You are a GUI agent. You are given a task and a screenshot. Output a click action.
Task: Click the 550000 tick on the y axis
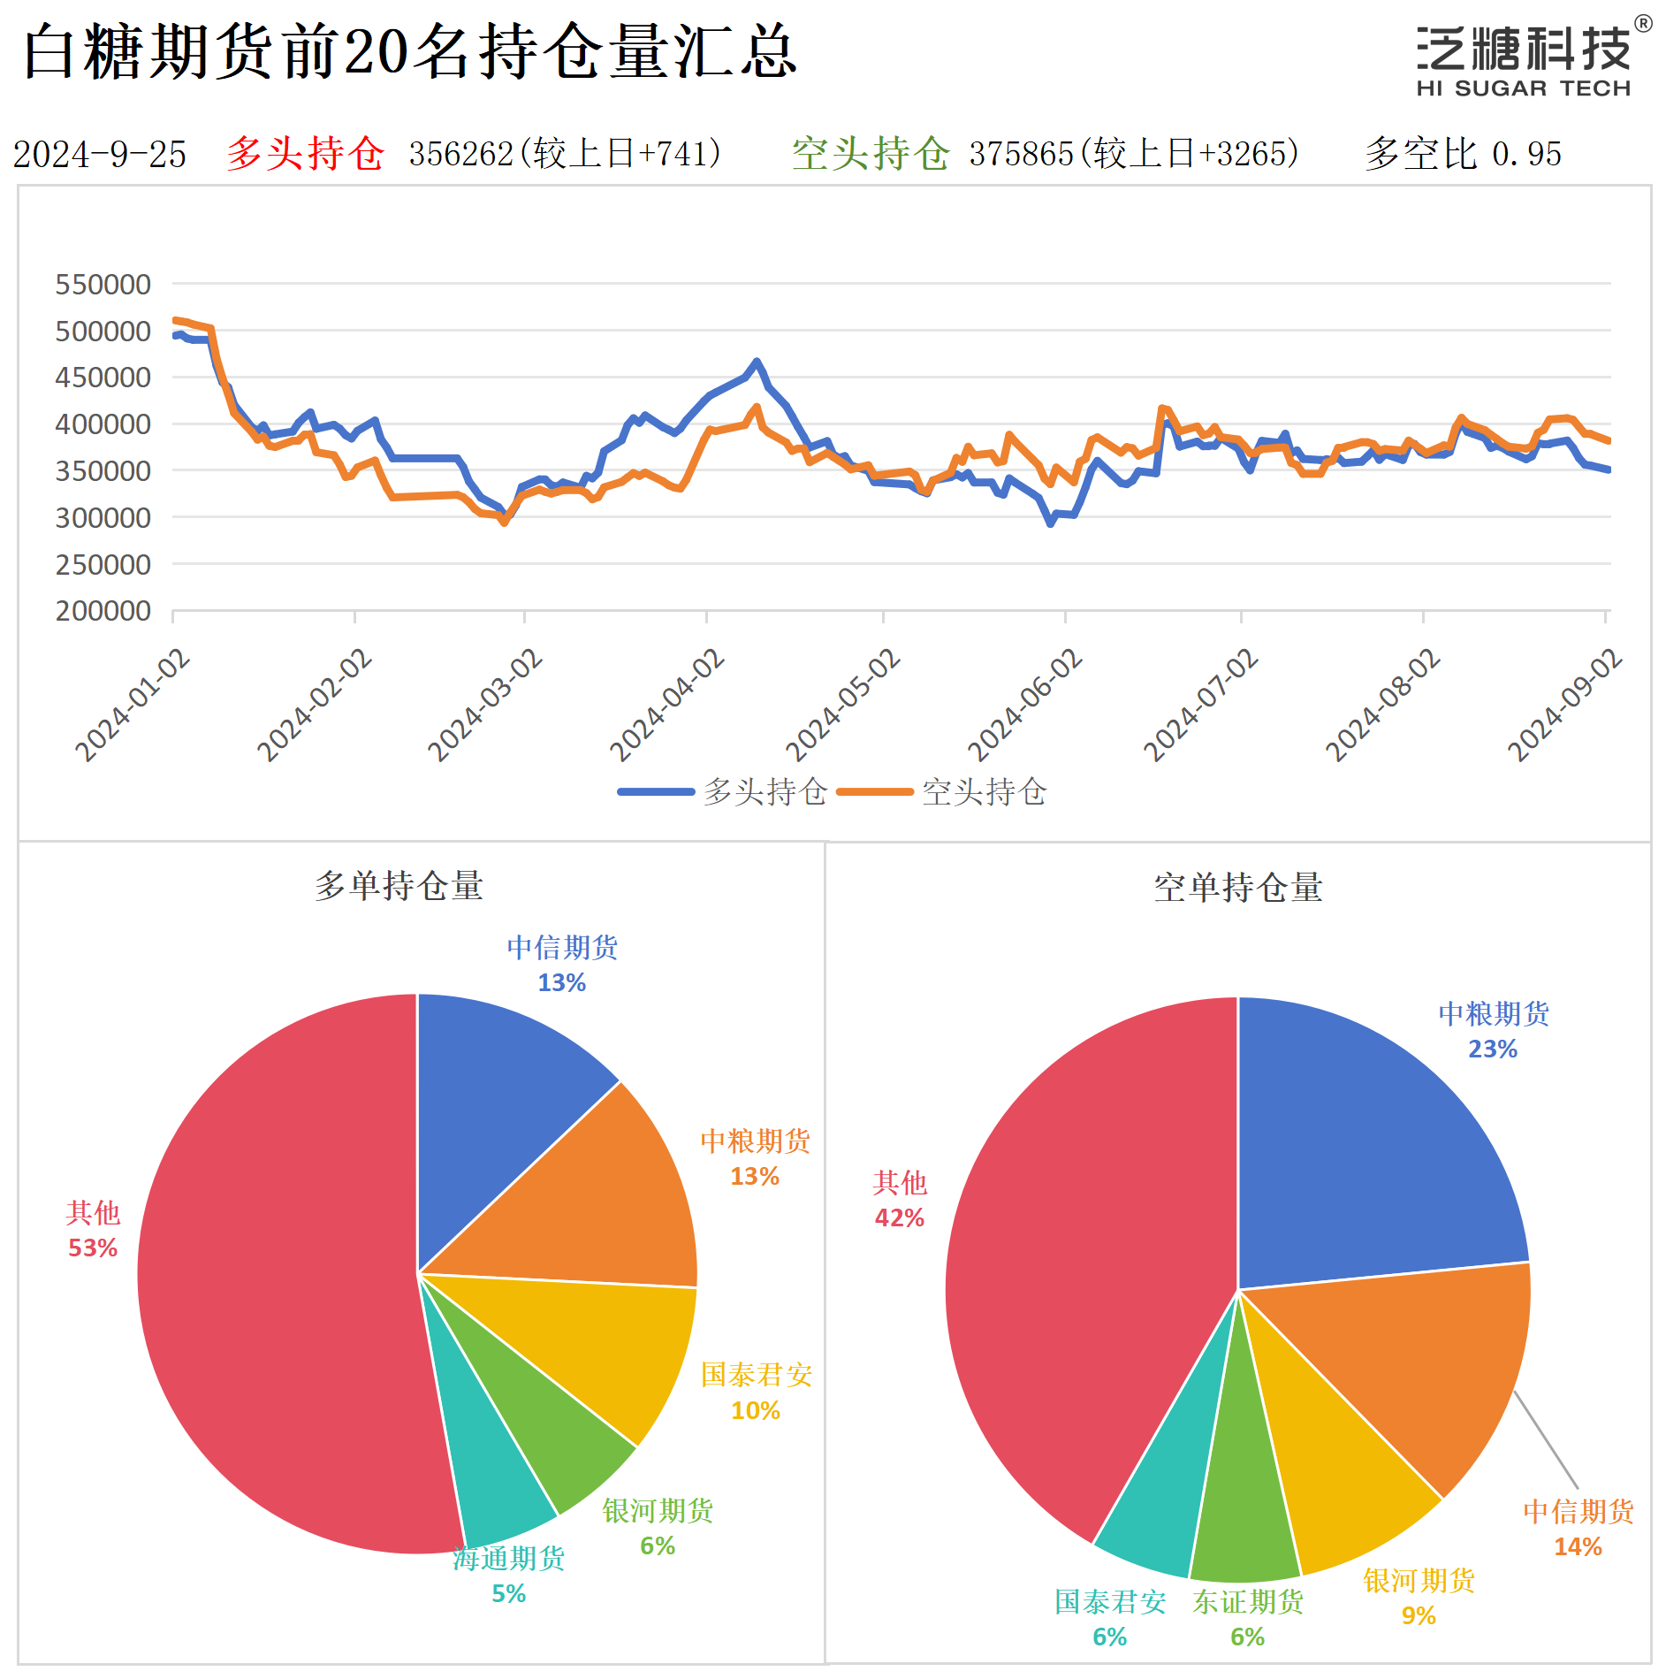click(x=103, y=285)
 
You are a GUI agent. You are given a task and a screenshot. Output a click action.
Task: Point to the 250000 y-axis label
click(x=103, y=564)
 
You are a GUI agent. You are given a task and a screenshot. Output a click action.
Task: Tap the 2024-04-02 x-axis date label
click(x=668, y=705)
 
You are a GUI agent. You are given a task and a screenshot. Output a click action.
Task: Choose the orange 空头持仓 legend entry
click(x=941, y=791)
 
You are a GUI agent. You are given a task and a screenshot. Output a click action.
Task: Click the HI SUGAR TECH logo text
click(x=1523, y=88)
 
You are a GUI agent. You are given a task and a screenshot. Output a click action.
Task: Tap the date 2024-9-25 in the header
click(x=99, y=155)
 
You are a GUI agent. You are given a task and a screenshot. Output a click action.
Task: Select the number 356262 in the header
click(x=460, y=155)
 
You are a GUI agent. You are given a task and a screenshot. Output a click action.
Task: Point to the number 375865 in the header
click(x=1021, y=155)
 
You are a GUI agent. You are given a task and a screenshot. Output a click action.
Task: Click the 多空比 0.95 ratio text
click(x=1463, y=155)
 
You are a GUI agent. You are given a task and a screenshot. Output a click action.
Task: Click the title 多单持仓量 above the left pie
click(x=399, y=886)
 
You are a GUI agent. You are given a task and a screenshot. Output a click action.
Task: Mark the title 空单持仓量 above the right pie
click(x=1237, y=888)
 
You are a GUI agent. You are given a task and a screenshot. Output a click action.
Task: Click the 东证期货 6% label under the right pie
click(x=1247, y=1618)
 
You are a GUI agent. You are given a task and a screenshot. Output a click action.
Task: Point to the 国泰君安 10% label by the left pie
click(x=757, y=1392)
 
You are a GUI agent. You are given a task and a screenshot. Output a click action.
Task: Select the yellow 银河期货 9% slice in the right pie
click(x=1343, y=1485)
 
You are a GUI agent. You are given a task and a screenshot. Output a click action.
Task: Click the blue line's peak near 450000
click(x=756, y=362)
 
